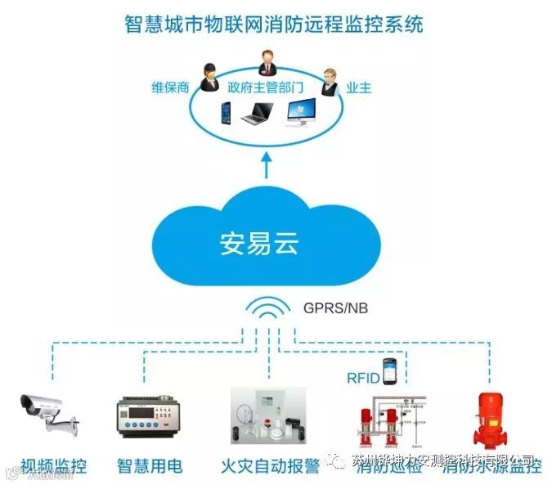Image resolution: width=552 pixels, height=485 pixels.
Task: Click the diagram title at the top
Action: click(x=275, y=24)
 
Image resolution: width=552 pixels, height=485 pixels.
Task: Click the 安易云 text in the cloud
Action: click(x=261, y=244)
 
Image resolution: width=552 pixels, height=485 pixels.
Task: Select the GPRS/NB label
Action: click(x=336, y=308)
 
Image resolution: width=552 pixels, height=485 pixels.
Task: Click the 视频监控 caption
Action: click(x=53, y=466)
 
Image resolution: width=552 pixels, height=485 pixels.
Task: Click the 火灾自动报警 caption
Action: click(x=270, y=466)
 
